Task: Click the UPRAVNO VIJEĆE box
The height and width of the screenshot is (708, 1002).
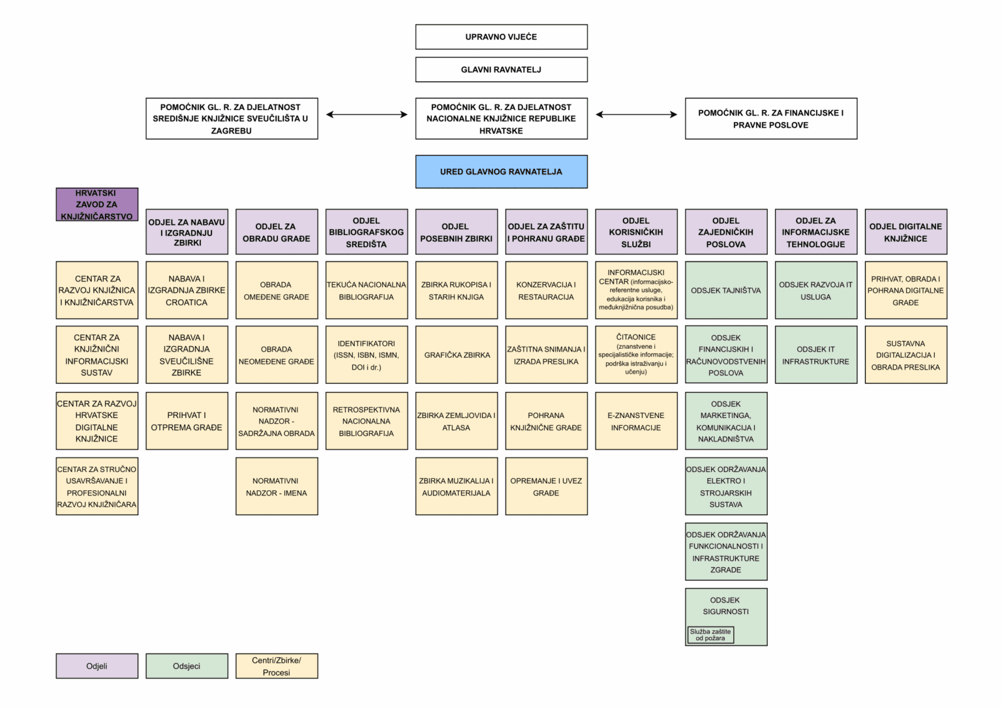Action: [502, 37]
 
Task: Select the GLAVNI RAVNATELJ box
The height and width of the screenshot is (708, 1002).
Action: [502, 69]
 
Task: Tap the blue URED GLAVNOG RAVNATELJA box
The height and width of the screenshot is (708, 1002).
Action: [502, 171]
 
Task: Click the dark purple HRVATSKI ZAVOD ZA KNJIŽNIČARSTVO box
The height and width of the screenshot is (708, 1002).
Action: [97, 204]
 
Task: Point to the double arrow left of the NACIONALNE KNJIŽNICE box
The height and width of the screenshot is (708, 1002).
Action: [367, 115]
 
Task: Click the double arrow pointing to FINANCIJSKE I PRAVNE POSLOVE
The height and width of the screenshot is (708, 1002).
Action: [637, 115]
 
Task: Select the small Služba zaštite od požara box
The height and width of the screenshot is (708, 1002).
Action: [710, 635]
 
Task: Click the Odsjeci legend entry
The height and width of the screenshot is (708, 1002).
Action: [187, 666]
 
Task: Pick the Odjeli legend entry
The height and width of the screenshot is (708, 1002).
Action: [97, 666]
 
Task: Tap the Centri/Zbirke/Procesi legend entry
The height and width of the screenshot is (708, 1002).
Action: [277, 666]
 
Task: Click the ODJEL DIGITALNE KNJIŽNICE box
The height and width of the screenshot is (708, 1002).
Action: [906, 232]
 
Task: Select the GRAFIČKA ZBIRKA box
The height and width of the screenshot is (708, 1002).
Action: [457, 355]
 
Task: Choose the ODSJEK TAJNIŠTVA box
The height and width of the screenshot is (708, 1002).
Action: [726, 290]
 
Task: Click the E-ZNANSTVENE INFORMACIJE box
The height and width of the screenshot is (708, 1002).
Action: [636, 421]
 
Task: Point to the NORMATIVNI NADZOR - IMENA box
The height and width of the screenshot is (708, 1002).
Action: [277, 486]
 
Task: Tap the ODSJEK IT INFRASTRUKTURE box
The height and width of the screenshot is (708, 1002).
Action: [816, 355]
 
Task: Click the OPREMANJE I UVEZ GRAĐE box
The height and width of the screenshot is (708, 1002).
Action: [547, 486]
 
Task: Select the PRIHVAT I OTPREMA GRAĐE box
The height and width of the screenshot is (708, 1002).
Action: [187, 421]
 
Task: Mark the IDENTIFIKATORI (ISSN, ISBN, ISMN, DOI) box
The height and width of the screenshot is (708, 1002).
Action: [367, 355]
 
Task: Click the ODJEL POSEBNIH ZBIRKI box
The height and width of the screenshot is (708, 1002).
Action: [457, 232]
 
